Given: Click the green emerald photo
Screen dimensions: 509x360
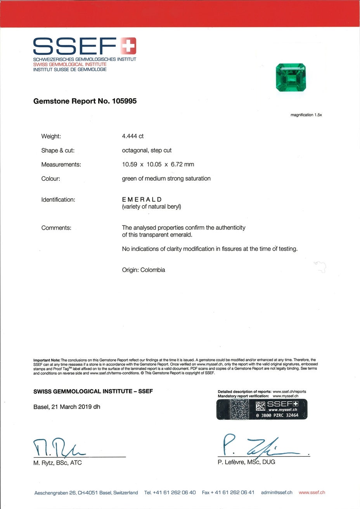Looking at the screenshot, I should coord(291,78).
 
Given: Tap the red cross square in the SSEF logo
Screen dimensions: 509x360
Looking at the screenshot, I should coord(128,45).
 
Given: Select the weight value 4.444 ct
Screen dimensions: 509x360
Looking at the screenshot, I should coord(133,136).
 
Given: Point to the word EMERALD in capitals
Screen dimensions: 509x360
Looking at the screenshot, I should coord(142,199).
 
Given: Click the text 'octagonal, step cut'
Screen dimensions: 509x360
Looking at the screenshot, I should coord(147,150).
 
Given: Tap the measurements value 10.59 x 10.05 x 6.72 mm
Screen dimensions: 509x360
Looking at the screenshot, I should coord(158,164).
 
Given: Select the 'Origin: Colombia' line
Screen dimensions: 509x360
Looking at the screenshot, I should coord(144,270).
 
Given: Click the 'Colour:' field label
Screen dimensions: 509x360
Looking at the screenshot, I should coord(51,179).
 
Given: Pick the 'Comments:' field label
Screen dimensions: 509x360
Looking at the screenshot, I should coord(56,228).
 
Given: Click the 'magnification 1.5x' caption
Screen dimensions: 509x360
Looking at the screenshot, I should coord(306,115).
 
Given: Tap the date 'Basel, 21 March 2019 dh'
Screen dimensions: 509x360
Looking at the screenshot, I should coord(67,407).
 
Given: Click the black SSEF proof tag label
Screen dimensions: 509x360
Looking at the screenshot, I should coord(262,409).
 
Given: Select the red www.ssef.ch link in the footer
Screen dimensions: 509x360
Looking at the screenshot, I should coord(312,493).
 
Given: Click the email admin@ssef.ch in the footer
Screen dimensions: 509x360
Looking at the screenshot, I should coord(277,493).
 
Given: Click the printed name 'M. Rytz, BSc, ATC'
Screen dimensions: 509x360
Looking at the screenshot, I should coord(57,463).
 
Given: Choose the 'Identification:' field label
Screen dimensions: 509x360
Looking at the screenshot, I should coord(58,200).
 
